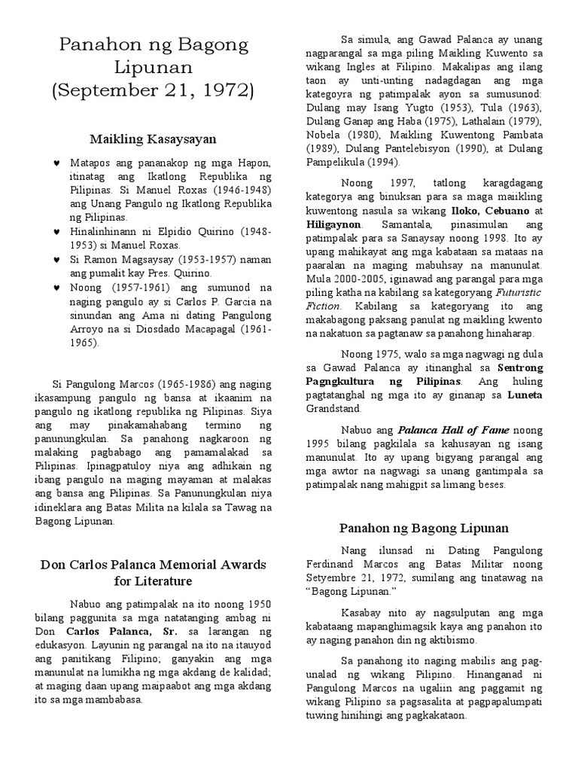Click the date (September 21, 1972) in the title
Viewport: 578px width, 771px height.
[x=153, y=92]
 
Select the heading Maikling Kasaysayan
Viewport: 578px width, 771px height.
[x=153, y=139]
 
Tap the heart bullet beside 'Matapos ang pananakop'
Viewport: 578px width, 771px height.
[x=57, y=163]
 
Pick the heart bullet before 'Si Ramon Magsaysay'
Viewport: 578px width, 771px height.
[x=57, y=259]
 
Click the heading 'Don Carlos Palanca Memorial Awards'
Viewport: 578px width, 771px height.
[x=153, y=565]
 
